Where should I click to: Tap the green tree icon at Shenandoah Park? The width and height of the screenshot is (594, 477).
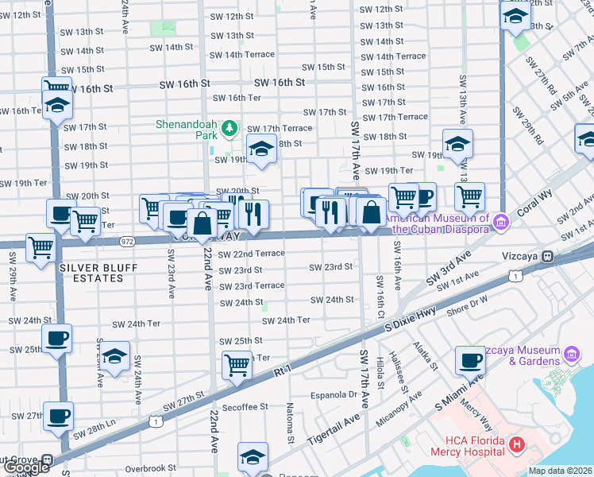[229, 127]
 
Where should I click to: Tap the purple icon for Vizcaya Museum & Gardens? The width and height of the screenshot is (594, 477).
[570, 352]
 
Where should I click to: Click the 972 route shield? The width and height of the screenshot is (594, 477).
[126, 240]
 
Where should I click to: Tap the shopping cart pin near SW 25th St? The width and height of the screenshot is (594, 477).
[237, 365]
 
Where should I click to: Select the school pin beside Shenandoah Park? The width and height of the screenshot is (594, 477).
[260, 148]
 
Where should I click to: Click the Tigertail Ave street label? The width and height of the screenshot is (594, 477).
[334, 428]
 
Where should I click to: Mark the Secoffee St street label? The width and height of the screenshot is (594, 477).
[245, 407]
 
